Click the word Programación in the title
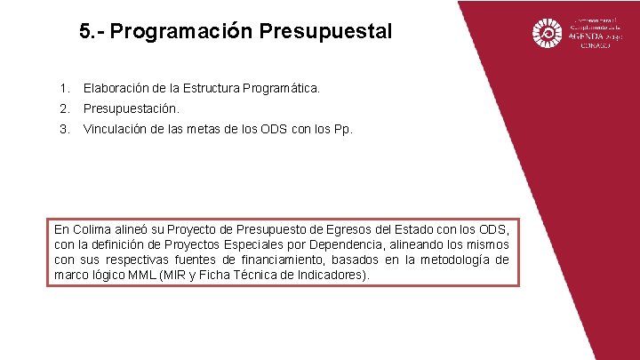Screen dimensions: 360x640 pos(181,33)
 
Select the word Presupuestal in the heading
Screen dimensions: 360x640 pos(325,33)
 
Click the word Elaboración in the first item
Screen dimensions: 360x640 pos(116,89)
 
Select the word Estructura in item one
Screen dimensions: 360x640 pos(211,89)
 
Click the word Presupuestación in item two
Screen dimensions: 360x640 pos(131,109)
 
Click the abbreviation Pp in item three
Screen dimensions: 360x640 pos(340,129)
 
